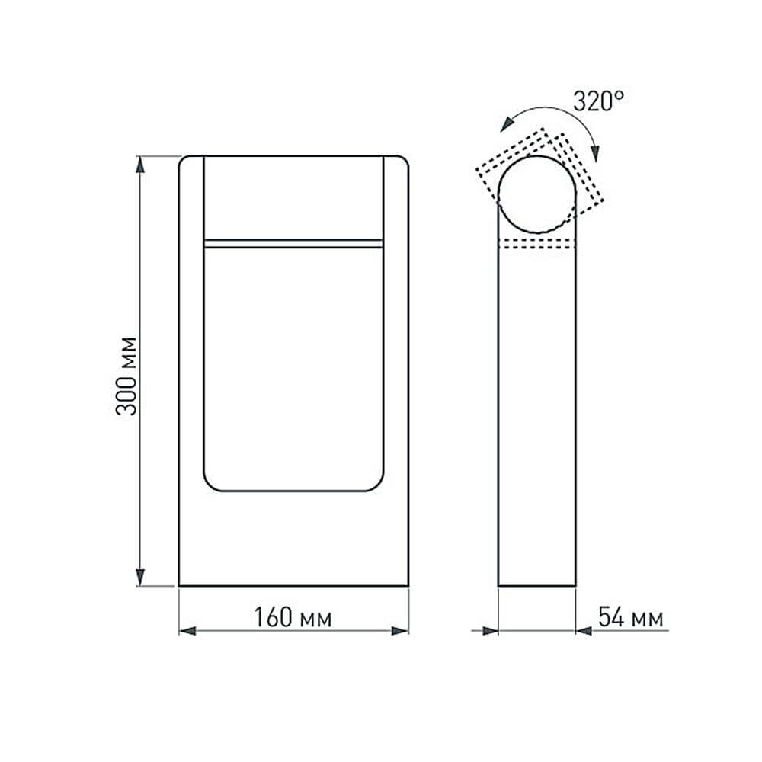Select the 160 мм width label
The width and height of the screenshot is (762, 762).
click(293, 618)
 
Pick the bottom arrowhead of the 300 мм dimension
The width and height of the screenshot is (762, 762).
click(140, 578)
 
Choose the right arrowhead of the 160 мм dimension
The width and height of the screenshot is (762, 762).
click(399, 631)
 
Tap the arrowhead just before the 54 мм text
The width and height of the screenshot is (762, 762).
click(584, 631)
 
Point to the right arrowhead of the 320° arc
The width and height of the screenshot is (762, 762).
click(597, 152)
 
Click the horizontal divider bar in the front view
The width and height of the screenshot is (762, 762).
click(293, 243)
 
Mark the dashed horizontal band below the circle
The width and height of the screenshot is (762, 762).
click(536, 243)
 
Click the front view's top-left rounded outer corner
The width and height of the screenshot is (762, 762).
click(184, 161)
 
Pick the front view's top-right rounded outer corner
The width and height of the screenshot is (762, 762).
click(403, 161)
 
